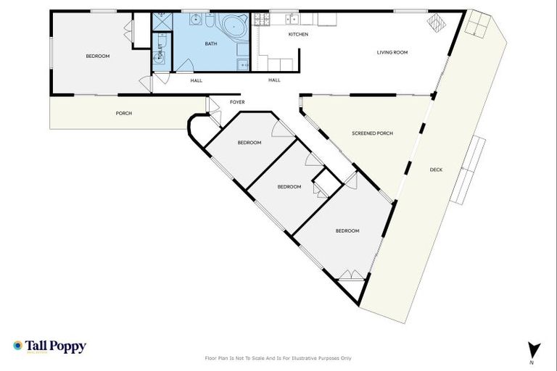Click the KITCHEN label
coord(298,34)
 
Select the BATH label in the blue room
coord(210,43)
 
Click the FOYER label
coord(237,102)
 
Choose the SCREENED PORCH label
coord(372,133)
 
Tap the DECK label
coord(436,170)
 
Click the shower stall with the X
coord(160,24)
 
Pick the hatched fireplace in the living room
coord(434,23)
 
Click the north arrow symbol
coord(532,349)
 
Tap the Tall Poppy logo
coord(49,346)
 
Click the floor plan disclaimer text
coord(278,358)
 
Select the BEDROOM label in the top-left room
coord(97,56)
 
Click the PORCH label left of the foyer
coord(123,113)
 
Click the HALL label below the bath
coord(196,80)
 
